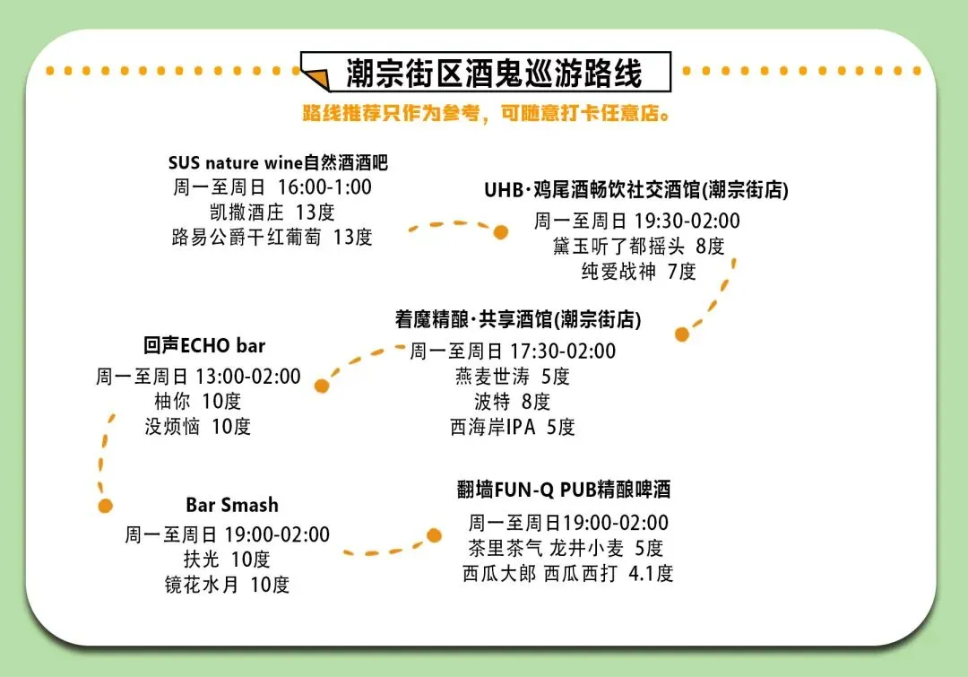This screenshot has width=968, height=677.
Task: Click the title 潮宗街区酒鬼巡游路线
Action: tap(494, 74)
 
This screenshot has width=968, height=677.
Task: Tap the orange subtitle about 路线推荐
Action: tap(487, 115)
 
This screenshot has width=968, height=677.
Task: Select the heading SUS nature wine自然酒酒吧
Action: tap(278, 163)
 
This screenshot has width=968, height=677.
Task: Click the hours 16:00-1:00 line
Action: tap(272, 187)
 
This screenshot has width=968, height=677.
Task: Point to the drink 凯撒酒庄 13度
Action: tap(272, 213)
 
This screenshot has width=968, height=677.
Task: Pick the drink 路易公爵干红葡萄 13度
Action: tap(272, 238)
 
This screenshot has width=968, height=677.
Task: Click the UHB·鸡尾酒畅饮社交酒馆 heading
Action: tap(636, 190)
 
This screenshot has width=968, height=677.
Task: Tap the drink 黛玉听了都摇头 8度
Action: tap(639, 246)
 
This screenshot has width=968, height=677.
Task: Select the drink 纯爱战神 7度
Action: tap(638, 271)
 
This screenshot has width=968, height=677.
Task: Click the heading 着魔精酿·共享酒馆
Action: tap(518, 320)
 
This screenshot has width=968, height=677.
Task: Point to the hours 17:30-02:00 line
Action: tap(513, 352)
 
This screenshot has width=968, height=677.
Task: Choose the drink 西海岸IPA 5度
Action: tap(513, 427)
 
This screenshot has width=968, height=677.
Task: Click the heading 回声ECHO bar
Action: tap(204, 345)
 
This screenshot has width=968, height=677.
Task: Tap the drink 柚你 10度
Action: tap(198, 401)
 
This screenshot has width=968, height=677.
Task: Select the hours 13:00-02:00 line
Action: tap(198, 377)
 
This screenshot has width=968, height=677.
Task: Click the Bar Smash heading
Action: tap(232, 505)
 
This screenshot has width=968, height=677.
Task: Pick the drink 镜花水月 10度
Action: tap(227, 585)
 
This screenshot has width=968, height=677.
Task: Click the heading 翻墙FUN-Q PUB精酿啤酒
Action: tap(564, 490)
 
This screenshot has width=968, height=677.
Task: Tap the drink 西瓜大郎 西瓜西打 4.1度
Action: tap(567, 574)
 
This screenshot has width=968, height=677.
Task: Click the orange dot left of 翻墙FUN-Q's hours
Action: tap(435, 535)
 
